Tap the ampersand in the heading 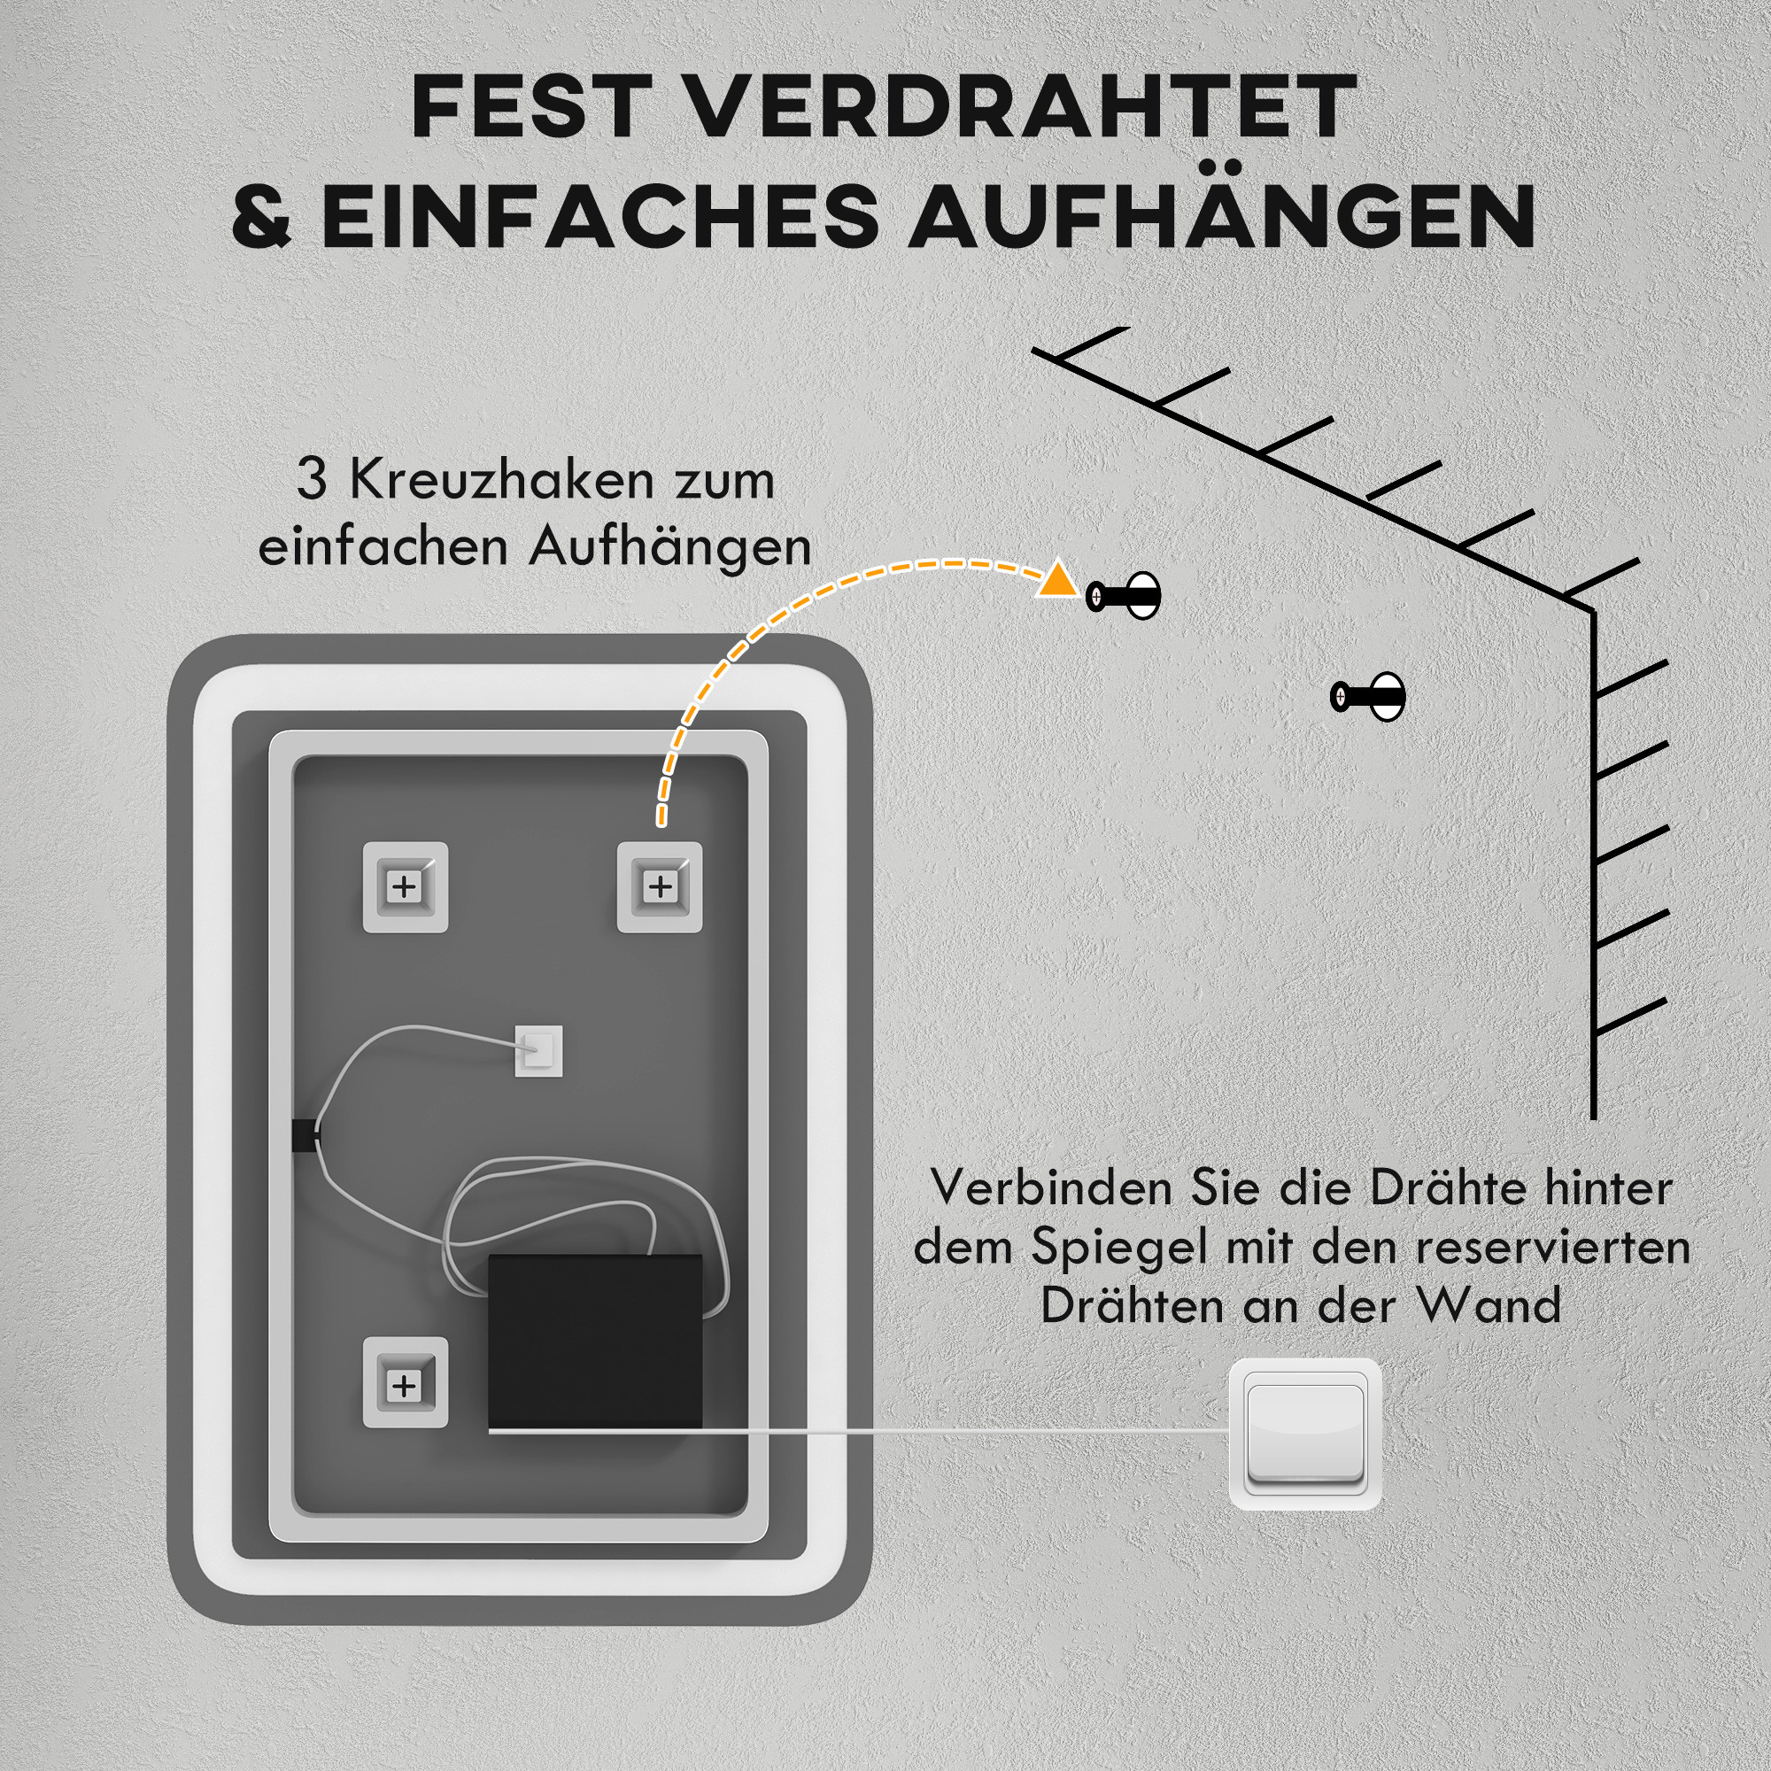tap(261, 216)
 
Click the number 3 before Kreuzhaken tap(312, 479)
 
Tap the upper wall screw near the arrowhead tap(1124, 597)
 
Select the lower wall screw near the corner tap(1368, 697)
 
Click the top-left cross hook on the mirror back tap(405, 886)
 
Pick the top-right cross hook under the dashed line tap(659, 886)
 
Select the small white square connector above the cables tap(538, 1050)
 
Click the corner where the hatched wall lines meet tap(1593, 609)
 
